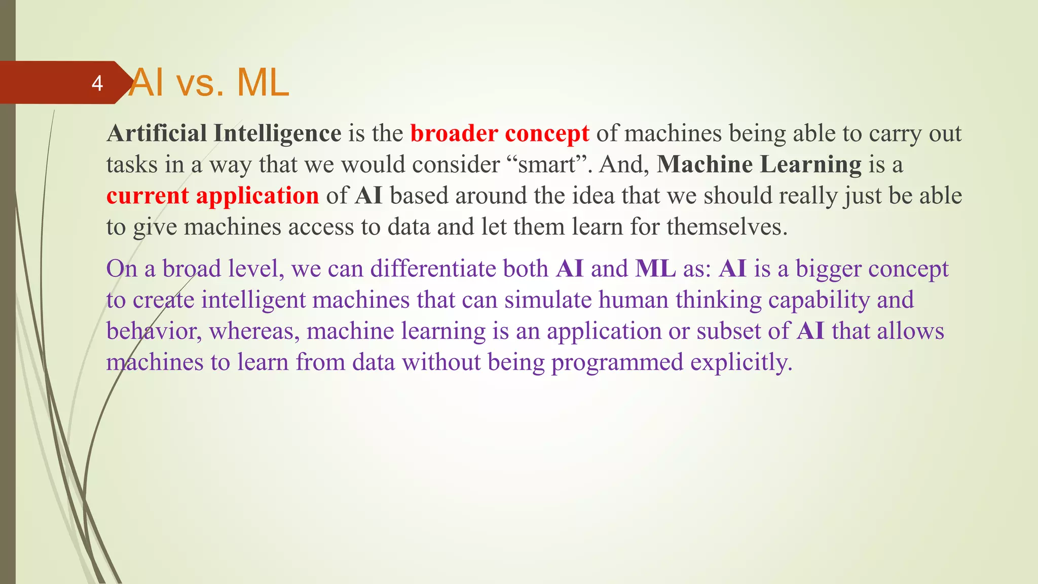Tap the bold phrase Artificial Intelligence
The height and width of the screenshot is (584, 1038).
pyautogui.click(x=224, y=134)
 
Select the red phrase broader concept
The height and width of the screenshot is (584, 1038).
pyautogui.click(x=499, y=134)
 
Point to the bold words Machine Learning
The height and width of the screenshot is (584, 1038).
pyautogui.click(x=759, y=165)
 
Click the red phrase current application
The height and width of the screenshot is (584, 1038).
pyautogui.click(x=212, y=196)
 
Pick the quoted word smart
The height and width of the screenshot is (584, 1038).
pyautogui.click(x=546, y=165)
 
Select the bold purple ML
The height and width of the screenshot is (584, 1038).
pyautogui.click(x=655, y=269)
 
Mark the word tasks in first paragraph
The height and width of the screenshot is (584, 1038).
pyautogui.click(x=131, y=165)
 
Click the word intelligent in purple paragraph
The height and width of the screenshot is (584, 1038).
pyautogui.click(x=253, y=300)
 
